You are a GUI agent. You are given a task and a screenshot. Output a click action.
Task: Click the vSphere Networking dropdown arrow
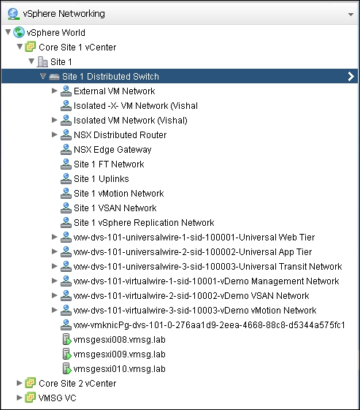(351, 15)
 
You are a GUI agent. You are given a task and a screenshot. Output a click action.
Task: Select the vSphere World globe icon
(19, 32)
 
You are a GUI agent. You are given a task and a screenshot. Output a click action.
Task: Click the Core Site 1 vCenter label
(77, 48)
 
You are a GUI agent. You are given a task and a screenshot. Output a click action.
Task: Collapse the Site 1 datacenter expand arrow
(31, 61)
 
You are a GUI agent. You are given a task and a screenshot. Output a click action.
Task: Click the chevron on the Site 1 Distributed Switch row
(351, 76)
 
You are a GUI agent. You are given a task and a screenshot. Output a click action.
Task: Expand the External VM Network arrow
(54, 91)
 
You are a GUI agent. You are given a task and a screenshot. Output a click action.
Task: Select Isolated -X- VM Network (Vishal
(136, 106)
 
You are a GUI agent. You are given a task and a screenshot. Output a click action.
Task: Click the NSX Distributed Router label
(120, 135)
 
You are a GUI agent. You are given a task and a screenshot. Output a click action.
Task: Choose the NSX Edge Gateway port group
(112, 150)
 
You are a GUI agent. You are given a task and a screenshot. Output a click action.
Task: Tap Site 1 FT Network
(109, 164)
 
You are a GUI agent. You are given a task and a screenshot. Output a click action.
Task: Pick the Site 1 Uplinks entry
(102, 179)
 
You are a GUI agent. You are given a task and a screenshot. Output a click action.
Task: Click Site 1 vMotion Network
(119, 194)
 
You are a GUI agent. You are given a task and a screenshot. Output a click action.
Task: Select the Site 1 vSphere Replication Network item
(144, 223)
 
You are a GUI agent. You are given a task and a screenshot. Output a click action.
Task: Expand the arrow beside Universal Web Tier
(54, 237)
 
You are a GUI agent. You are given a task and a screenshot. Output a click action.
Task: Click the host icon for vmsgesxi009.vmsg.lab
(66, 354)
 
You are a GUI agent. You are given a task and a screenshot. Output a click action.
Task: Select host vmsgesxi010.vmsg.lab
(119, 369)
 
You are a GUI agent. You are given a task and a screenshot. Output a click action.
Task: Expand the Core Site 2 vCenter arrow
(19, 383)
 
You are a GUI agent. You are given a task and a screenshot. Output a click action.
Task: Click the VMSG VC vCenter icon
(31, 398)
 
